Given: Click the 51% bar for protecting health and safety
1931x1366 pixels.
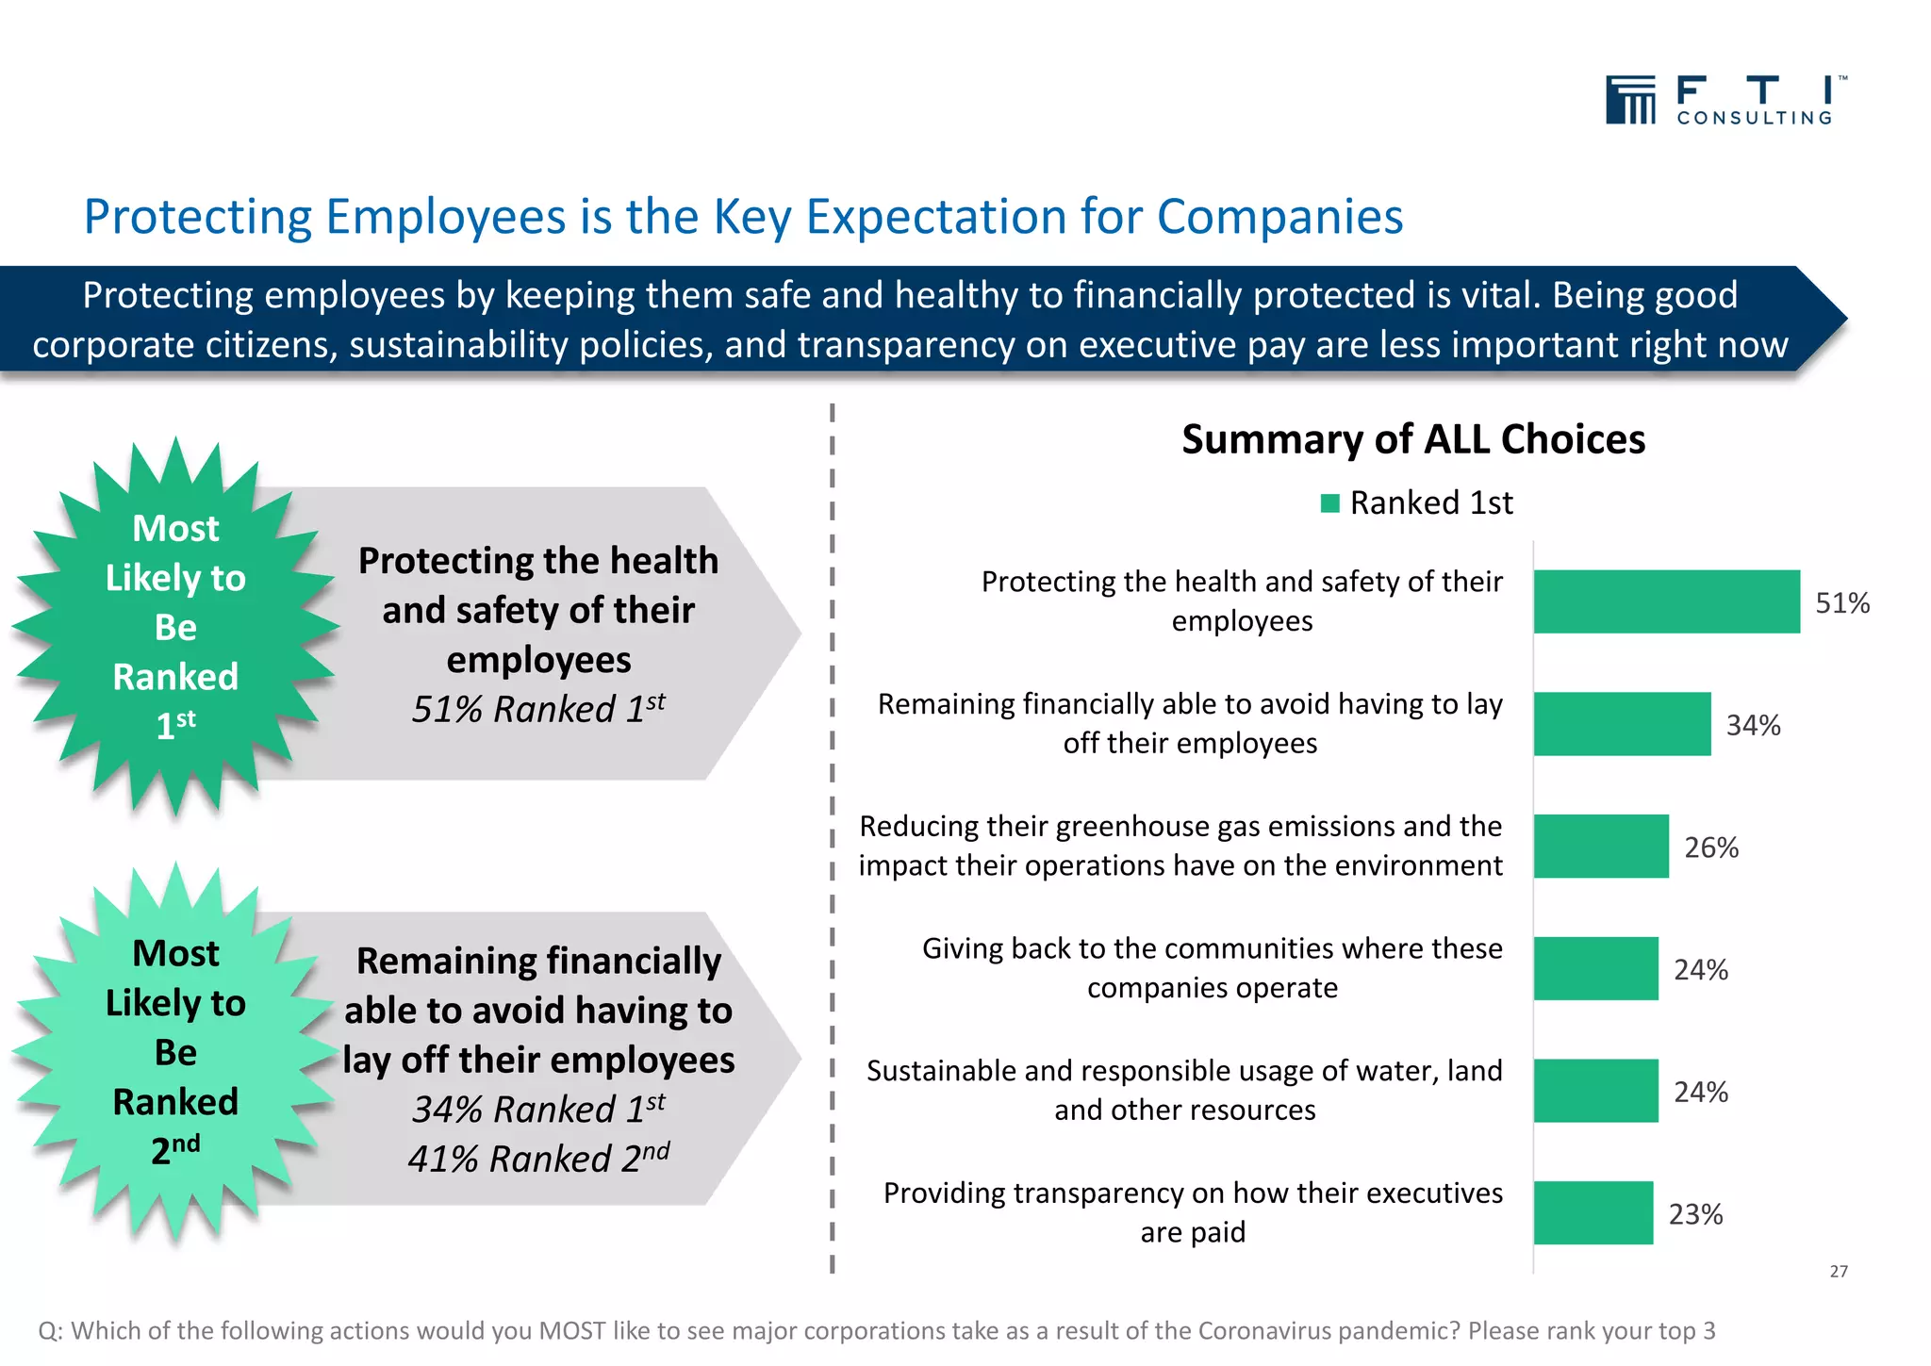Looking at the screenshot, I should [x=1666, y=601].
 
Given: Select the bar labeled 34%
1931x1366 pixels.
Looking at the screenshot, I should [x=1622, y=724].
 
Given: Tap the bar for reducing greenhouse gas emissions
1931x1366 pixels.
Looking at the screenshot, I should [x=1601, y=847].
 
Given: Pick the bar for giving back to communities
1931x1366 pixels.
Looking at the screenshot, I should [x=1595, y=968].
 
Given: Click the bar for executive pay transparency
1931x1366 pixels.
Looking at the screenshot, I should [x=1593, y=1213].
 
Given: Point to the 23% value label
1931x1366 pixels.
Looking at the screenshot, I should [x=1695, y=1214].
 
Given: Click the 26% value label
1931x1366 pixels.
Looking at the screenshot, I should [x=1711, y=848].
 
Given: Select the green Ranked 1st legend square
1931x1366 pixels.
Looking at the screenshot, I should [x=1330, y=503].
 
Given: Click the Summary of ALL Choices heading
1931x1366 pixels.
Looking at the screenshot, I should [x=1412, y=440].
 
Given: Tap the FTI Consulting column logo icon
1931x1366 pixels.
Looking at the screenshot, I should [x=1630, y=100].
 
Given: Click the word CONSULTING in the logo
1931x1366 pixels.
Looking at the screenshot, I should [x=1754, y=119].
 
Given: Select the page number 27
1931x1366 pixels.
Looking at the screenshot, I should [x=1839, y=1272].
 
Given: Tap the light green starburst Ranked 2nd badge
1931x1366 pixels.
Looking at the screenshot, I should [x=175, y=1051].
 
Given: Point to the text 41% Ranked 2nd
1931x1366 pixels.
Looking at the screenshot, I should [x=538, y=1159].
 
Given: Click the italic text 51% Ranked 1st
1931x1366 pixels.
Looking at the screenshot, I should [x=538, y=709].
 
